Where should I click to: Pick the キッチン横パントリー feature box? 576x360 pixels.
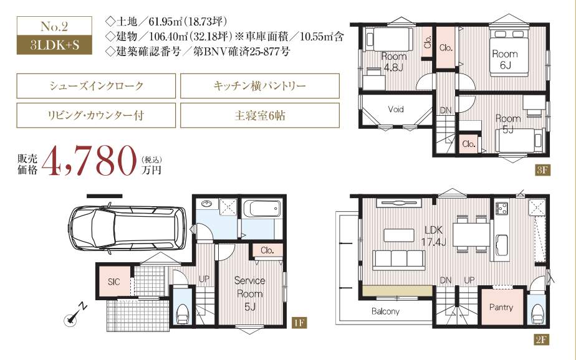click(260, 85)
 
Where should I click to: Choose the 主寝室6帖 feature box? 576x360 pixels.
click(260, 115)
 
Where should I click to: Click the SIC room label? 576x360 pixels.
click(113, 282)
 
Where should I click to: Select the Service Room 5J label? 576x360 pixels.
click(250, 293)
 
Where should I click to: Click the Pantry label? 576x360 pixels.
click(501, 307)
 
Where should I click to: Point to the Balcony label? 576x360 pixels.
click(385, 311)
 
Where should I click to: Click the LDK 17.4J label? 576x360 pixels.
click(433, 235)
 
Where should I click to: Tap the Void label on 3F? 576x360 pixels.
click(396, 109)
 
